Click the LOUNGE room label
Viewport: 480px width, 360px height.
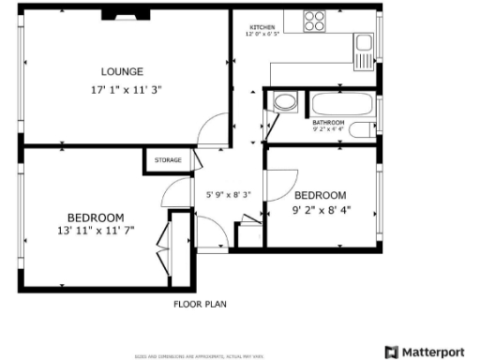123,71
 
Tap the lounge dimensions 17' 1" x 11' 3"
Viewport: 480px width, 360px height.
123,91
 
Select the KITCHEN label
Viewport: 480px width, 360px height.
262,27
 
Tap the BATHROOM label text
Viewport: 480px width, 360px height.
328,122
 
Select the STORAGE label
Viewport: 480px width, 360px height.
169,160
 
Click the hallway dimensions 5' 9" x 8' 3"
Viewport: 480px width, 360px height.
228,195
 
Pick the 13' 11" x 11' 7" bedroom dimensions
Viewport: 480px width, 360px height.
96,230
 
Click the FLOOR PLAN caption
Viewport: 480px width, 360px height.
200,304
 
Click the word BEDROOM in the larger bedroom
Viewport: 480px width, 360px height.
96,217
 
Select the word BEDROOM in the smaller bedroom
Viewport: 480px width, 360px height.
320,195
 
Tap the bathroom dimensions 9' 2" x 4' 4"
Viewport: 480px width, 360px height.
328,128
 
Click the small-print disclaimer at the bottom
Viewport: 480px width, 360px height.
200,356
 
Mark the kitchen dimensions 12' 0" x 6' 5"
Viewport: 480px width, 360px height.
262,34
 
